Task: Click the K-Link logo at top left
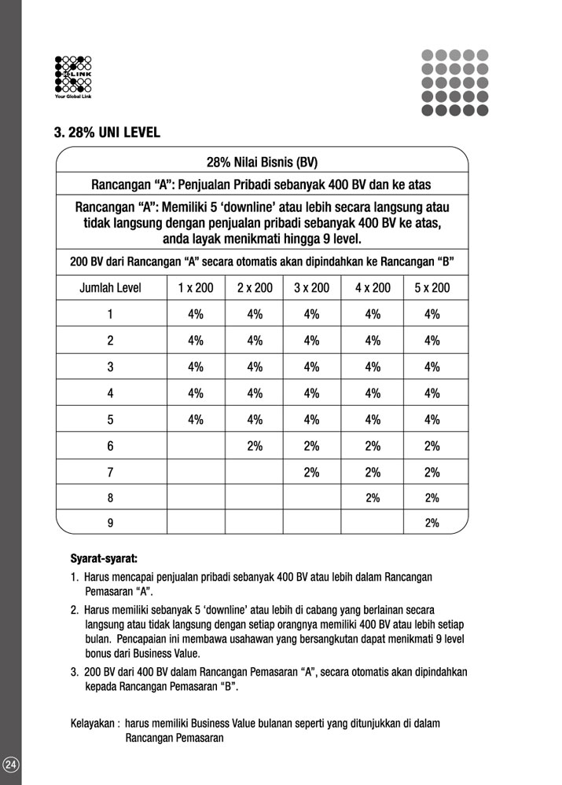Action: [73, 75]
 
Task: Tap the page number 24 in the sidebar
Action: [10, 765]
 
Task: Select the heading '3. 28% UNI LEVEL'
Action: [107, 133]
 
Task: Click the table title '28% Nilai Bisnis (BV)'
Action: [262, 163]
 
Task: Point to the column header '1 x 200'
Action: [196, 288]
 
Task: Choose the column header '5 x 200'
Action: [432, 288]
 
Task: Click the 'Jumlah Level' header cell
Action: [110, 288]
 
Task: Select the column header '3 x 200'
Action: [312, 288]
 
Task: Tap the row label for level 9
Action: [110, 522]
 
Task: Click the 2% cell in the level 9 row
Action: [432, 522]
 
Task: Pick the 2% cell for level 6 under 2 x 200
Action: [255, 446]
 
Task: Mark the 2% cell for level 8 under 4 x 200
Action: [373, 498]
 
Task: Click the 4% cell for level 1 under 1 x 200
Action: [196, 315]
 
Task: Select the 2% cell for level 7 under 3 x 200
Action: [312, 472]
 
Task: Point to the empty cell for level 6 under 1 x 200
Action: [196, 446]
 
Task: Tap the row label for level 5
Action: [110, 419]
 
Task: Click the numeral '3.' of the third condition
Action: [75, 671]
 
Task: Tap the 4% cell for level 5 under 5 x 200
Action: [432, 419]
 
